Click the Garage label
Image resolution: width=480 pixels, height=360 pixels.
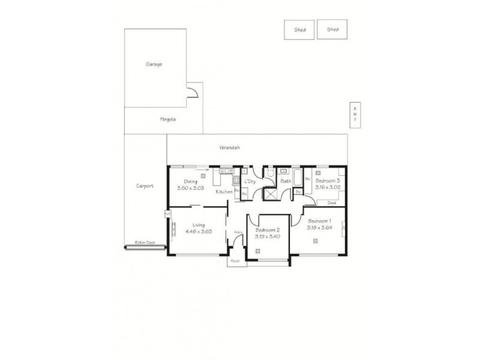[x=154, y=64]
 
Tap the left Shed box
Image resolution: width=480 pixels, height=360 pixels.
[x=299, y=29]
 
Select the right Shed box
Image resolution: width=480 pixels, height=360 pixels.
[x=332, y=29]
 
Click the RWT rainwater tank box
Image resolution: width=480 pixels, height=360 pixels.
[x=355, y=115]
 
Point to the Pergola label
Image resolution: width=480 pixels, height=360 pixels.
[x=159, y=119]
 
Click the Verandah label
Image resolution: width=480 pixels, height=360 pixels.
[x=230, y=147]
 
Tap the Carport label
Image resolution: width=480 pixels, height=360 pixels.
[x=145, y=186]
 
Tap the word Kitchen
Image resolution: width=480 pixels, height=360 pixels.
[x=224, y=191]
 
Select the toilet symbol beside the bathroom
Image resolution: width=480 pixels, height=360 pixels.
[x=271, y=175]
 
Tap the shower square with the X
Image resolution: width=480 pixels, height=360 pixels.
[x=271, y=193]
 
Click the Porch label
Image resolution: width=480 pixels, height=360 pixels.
[x=235, y=261]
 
